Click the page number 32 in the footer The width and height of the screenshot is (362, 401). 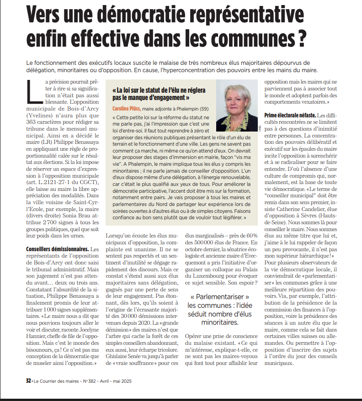pyautogui.click(x=28, y=379)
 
